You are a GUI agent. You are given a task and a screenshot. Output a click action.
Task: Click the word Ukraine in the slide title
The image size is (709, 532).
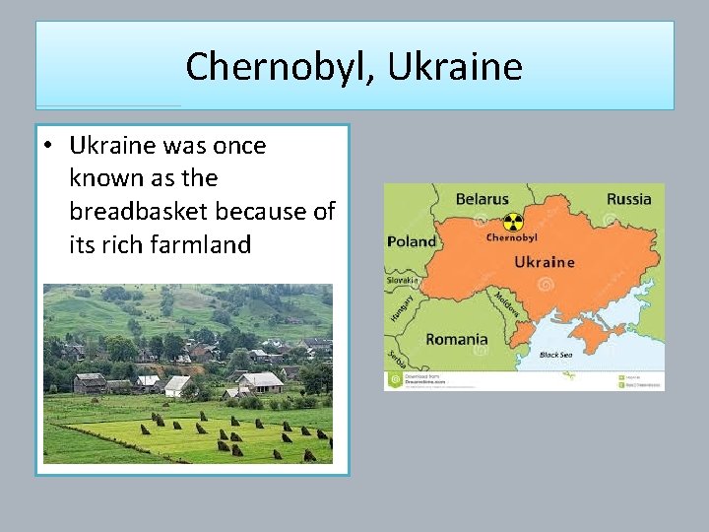tap(455, 67)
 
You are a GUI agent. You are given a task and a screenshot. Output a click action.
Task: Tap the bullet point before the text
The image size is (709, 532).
tap(46, 146)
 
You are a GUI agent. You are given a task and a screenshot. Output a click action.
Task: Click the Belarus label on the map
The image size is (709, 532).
tap(482, 199)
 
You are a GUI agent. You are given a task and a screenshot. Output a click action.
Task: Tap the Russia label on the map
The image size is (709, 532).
tap(628, 199)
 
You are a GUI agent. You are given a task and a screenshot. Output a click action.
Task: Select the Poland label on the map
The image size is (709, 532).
tap(412, 241)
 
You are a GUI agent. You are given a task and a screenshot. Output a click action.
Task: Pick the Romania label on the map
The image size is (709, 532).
tap(456, 339)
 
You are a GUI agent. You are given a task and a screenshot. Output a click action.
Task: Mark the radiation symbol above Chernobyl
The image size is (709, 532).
tap(511, 222)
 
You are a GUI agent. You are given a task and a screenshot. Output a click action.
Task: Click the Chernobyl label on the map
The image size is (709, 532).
tap(511, 237)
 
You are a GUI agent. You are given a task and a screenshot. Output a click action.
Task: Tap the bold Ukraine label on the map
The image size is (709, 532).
tap(545, 262)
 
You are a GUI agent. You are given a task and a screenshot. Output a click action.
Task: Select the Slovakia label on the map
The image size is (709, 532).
tap(402, 281)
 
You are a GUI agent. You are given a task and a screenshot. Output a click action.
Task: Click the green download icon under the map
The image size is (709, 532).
tap(393, 377)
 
